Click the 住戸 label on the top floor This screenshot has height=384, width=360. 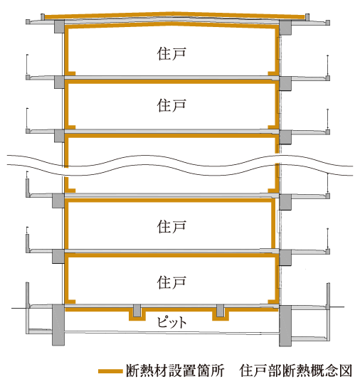(x=171, y=54)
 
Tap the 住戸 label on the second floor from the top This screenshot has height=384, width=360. (x=171, y=105)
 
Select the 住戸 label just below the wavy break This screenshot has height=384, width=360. (x=171, y=226)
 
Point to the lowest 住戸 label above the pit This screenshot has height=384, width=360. (x=171, y=282)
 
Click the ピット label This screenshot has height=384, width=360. (x=171, y=322)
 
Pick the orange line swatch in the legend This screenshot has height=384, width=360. (x=110, y=371)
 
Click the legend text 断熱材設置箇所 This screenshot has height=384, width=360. (x=175, y=370)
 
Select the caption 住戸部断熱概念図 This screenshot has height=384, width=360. (x=296, y=370)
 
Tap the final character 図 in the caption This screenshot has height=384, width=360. (x=346, y=370)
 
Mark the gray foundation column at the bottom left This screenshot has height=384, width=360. (x=58, y=325)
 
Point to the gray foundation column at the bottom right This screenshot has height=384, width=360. (x=285, y=326)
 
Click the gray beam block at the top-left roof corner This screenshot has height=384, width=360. (x=59, y=27)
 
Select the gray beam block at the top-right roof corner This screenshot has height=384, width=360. (x=285, y=28)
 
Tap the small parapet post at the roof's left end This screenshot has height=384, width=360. (x=43, y=17)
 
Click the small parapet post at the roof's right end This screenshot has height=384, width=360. (x=307, y=17)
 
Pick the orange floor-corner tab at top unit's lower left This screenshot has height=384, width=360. (x=71, y=73)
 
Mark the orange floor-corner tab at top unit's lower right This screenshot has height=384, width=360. (x=272, y=73)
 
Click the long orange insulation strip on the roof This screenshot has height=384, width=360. (x=174, y=14)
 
